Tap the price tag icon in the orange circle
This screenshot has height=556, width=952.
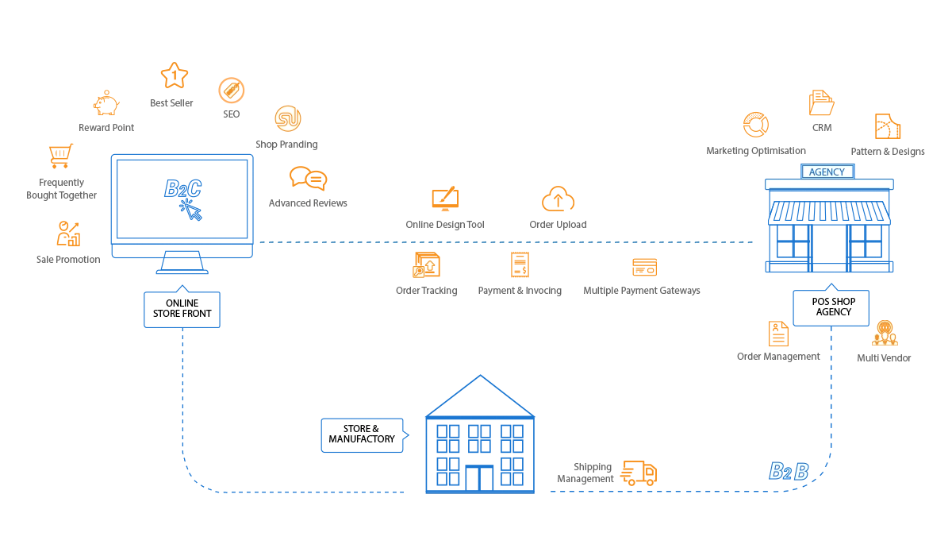click(x=230, y=92)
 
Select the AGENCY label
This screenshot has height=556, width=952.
click(x=828, y=172)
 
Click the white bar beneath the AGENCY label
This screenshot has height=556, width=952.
click(x=829, y=184)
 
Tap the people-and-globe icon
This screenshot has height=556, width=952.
click(x=884, y=334)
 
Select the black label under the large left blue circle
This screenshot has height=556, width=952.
click(x=182, y=313)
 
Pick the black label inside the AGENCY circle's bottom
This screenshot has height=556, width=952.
click(x=831, y=306)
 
